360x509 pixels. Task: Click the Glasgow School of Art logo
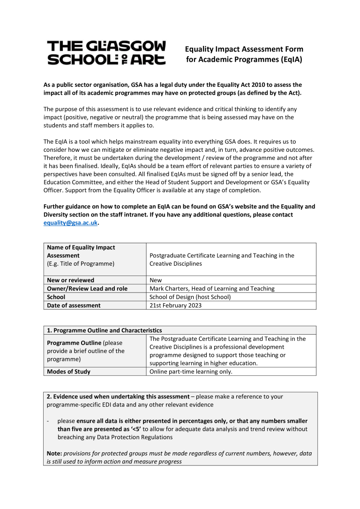pos(106,52)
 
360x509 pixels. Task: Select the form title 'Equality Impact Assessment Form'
pos(244,49)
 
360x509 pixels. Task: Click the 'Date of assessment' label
pos(74,306)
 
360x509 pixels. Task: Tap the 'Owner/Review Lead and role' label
pos(87,289)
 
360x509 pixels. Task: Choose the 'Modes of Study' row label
pos(69,372)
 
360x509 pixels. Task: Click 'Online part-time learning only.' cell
pos(191,372)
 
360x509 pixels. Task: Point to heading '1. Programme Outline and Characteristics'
pos(104,330)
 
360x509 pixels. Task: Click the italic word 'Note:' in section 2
pos(54,454)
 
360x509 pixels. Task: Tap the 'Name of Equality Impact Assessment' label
pos(81,251)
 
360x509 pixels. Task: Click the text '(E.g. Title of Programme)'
pos(81,264)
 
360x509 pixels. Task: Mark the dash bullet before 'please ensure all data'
pos(48,421)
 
